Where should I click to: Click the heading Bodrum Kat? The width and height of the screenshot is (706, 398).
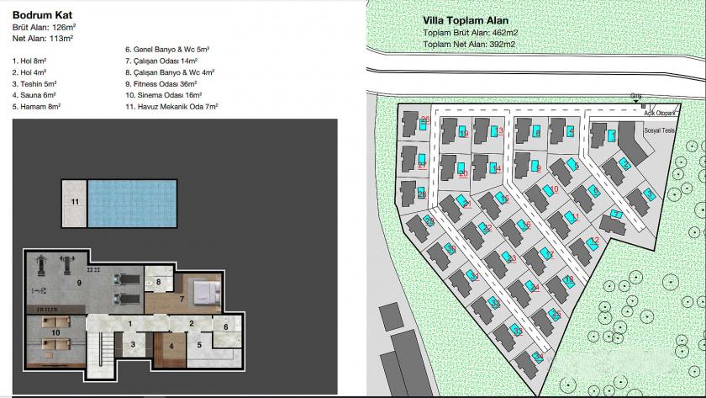click(40, 13)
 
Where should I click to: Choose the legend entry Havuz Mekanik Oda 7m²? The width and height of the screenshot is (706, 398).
click(171, 107)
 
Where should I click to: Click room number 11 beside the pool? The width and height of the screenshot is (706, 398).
click(74, 203)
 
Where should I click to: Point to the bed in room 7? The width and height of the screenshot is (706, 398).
click(203, 292)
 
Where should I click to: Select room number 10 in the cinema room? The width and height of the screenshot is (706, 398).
click(55, 334)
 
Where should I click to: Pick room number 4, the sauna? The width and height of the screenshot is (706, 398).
click(171, 345)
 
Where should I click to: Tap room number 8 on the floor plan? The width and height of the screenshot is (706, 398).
click(157, 282)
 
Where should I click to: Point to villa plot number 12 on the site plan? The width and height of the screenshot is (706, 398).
click(594, 241)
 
